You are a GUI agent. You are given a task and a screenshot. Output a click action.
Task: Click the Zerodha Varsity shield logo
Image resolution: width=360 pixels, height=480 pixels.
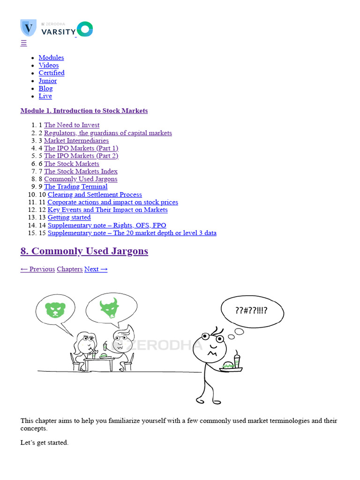point(29,28)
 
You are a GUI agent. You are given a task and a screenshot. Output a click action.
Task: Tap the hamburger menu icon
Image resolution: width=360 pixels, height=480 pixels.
point(23,43)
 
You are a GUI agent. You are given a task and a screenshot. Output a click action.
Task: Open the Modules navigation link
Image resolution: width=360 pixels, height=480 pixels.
point(51,58)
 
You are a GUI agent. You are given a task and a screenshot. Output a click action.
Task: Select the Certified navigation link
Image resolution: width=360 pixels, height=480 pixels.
point(52,73)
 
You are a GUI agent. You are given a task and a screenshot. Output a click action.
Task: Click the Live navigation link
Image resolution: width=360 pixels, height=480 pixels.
point(45,96)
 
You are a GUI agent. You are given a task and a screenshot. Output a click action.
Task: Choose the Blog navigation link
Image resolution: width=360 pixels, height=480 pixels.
point(45,89)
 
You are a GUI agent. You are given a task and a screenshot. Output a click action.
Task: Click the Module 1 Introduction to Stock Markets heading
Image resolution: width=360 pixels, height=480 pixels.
point(84,111)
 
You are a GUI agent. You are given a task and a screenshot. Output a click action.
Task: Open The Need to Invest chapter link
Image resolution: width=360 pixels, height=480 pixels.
point(72,125)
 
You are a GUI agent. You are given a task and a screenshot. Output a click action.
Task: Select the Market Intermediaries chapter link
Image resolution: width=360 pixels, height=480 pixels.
point(76,141)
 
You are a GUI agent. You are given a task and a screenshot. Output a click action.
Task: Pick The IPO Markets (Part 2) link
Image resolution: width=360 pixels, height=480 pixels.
point(81,156)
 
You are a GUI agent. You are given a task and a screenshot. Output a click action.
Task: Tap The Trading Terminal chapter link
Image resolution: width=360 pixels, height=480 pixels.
point(75,187)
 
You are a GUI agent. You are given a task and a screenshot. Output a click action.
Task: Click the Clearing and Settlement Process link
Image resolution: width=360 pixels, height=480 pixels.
point(95,195)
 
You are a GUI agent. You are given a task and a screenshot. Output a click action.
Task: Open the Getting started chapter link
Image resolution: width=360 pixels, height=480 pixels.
point(69,217)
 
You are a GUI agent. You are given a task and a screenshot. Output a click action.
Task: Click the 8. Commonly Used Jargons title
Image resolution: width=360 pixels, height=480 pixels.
point(84,251)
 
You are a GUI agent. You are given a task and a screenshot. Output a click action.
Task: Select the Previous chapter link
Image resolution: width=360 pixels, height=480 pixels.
point(37,269)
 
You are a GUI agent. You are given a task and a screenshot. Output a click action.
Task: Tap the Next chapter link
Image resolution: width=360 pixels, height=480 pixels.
point(96,269)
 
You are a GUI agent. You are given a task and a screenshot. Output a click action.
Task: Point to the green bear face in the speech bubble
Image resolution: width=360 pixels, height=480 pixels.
point(55,310)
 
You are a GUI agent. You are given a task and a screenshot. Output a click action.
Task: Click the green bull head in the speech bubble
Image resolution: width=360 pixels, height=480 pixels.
point(109,307)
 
